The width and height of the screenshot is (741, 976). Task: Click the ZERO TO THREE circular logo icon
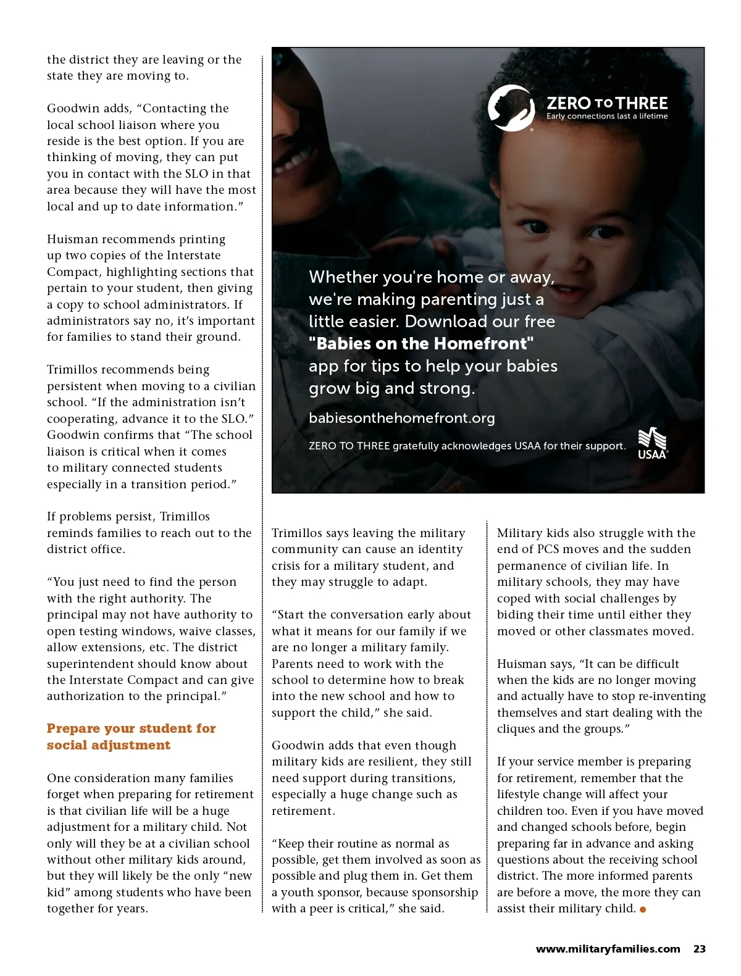coord(511,108)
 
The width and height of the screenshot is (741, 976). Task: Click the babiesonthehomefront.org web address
coord(401,418)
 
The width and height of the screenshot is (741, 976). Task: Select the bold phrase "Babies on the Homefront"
coord(421,343)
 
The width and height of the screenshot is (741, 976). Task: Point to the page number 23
coord(699,949)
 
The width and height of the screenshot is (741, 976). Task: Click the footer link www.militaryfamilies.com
coord(608,949)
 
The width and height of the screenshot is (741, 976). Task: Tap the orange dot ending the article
coord(643,909)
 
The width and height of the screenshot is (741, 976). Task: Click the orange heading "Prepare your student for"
coord(131,728)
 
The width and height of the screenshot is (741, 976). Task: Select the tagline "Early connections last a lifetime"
coord(606,116)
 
